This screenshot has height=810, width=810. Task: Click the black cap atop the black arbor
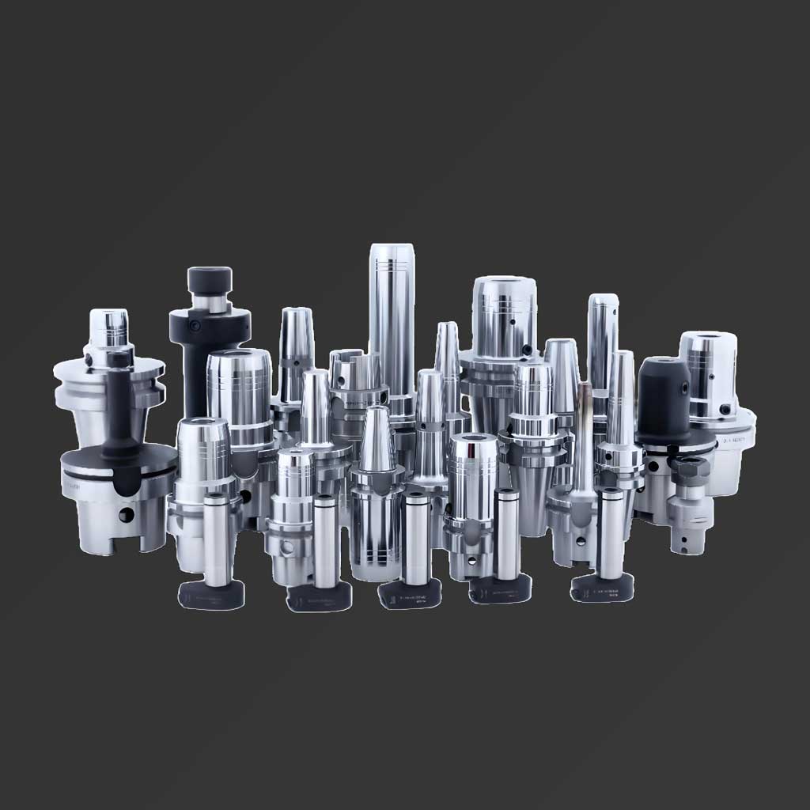[x=210, y=279]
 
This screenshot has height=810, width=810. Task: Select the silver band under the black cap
[x=210, y=303]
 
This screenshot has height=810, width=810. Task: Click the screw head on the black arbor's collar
[x=192, y=326]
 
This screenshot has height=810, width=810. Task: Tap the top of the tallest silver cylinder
[x=392, y=251]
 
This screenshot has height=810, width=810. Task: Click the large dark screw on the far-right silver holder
[x=725, y=410]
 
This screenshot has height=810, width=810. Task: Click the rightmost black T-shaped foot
[x=603, y=589]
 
